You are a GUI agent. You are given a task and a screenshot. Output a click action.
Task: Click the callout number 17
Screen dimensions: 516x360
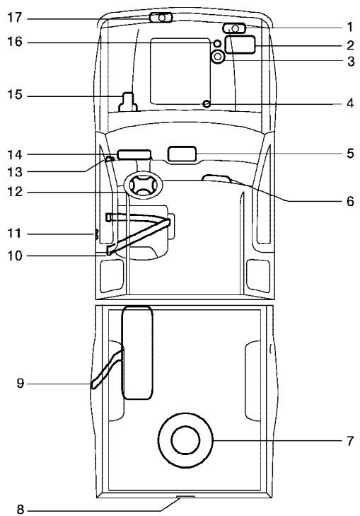[x=16, y=16]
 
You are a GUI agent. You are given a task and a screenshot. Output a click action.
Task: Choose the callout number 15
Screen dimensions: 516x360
[x=16, y=95]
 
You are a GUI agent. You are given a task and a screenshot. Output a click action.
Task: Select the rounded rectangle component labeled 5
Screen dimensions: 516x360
[x=182, y=154]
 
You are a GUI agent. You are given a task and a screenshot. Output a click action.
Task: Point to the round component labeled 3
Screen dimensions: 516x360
[x=219, y=57]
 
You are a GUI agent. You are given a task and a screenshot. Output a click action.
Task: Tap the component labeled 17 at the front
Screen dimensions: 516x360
[x=161, y=17]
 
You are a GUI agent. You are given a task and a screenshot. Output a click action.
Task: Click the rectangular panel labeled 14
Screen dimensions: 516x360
[x=134, y=153]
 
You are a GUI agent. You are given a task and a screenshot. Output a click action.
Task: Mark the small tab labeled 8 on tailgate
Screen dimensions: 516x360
[x=185, y=498]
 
